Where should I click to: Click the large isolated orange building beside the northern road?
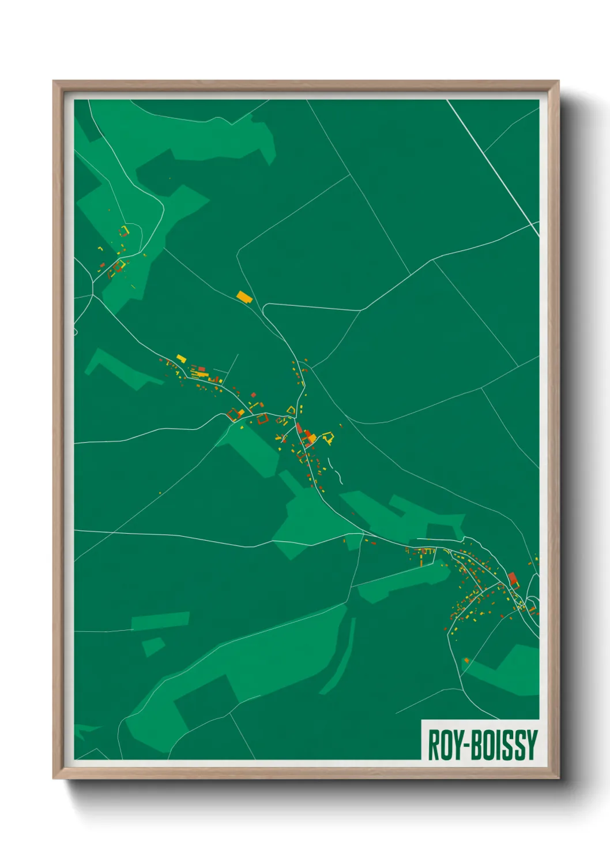(244, 297)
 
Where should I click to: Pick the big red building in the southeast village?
(513, 579)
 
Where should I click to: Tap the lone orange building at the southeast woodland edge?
(466, 660)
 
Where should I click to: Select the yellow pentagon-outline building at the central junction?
(291, 410)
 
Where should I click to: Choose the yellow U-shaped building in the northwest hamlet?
(124, 231)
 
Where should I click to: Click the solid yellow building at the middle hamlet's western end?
(180, 359)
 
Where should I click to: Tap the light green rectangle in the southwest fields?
(160, 620)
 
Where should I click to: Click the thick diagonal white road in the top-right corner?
(493, 167)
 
